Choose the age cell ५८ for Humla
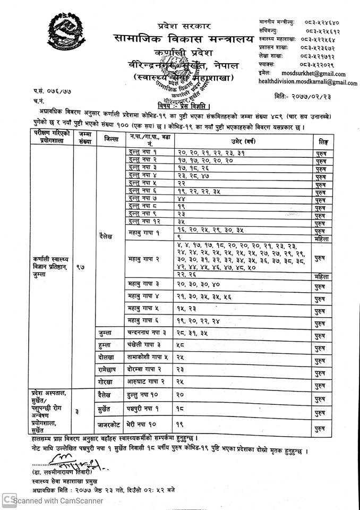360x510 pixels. click(181, 345)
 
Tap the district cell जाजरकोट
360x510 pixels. click(112, 426)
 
